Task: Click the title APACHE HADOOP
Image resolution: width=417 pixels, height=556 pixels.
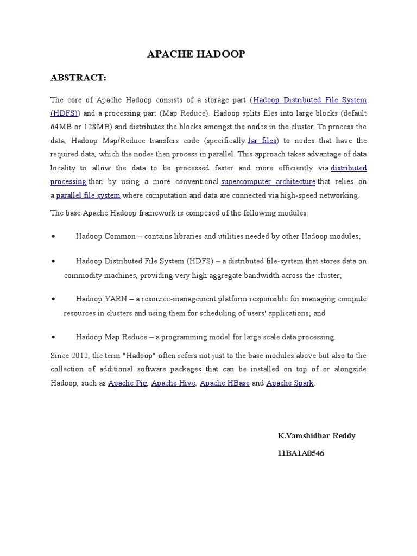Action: pos(197,54)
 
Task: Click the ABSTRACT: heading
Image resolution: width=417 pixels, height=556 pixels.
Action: pos(78,78)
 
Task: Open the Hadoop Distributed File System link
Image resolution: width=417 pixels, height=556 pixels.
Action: pos(310,100)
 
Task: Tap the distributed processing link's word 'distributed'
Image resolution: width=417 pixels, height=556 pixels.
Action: pos(349,168)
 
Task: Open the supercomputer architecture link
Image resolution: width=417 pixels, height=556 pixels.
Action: pos(268,181)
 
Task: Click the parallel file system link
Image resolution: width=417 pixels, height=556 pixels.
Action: pos(88,195)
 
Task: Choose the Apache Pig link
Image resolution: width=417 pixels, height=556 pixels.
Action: pos(128,383)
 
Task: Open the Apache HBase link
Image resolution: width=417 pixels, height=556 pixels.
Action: pos(225,383)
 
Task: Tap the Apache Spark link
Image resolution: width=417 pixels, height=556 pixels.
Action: pos(290,383)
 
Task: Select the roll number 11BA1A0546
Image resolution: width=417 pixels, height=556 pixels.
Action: pos(301,453)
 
